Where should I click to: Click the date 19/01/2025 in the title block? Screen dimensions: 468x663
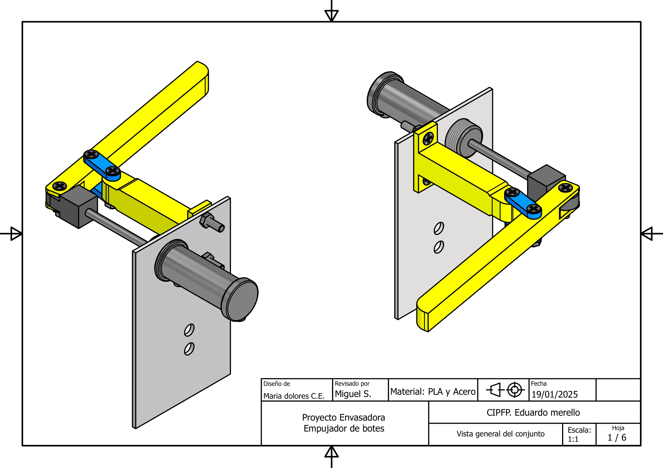click(555, 394)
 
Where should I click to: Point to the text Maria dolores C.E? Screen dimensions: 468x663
click(294, 396)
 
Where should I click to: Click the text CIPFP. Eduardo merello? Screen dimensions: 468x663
click(533, 413)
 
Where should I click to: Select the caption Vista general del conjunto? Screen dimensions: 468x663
click(500, 434)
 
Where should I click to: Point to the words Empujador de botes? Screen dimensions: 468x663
click(344, 429)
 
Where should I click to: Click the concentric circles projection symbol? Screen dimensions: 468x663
click(514, 390)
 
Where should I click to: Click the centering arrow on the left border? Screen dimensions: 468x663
click(15, 233)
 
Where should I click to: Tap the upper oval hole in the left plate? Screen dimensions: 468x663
click(189, 330)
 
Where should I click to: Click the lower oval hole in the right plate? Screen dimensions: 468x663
click(439, 247)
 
